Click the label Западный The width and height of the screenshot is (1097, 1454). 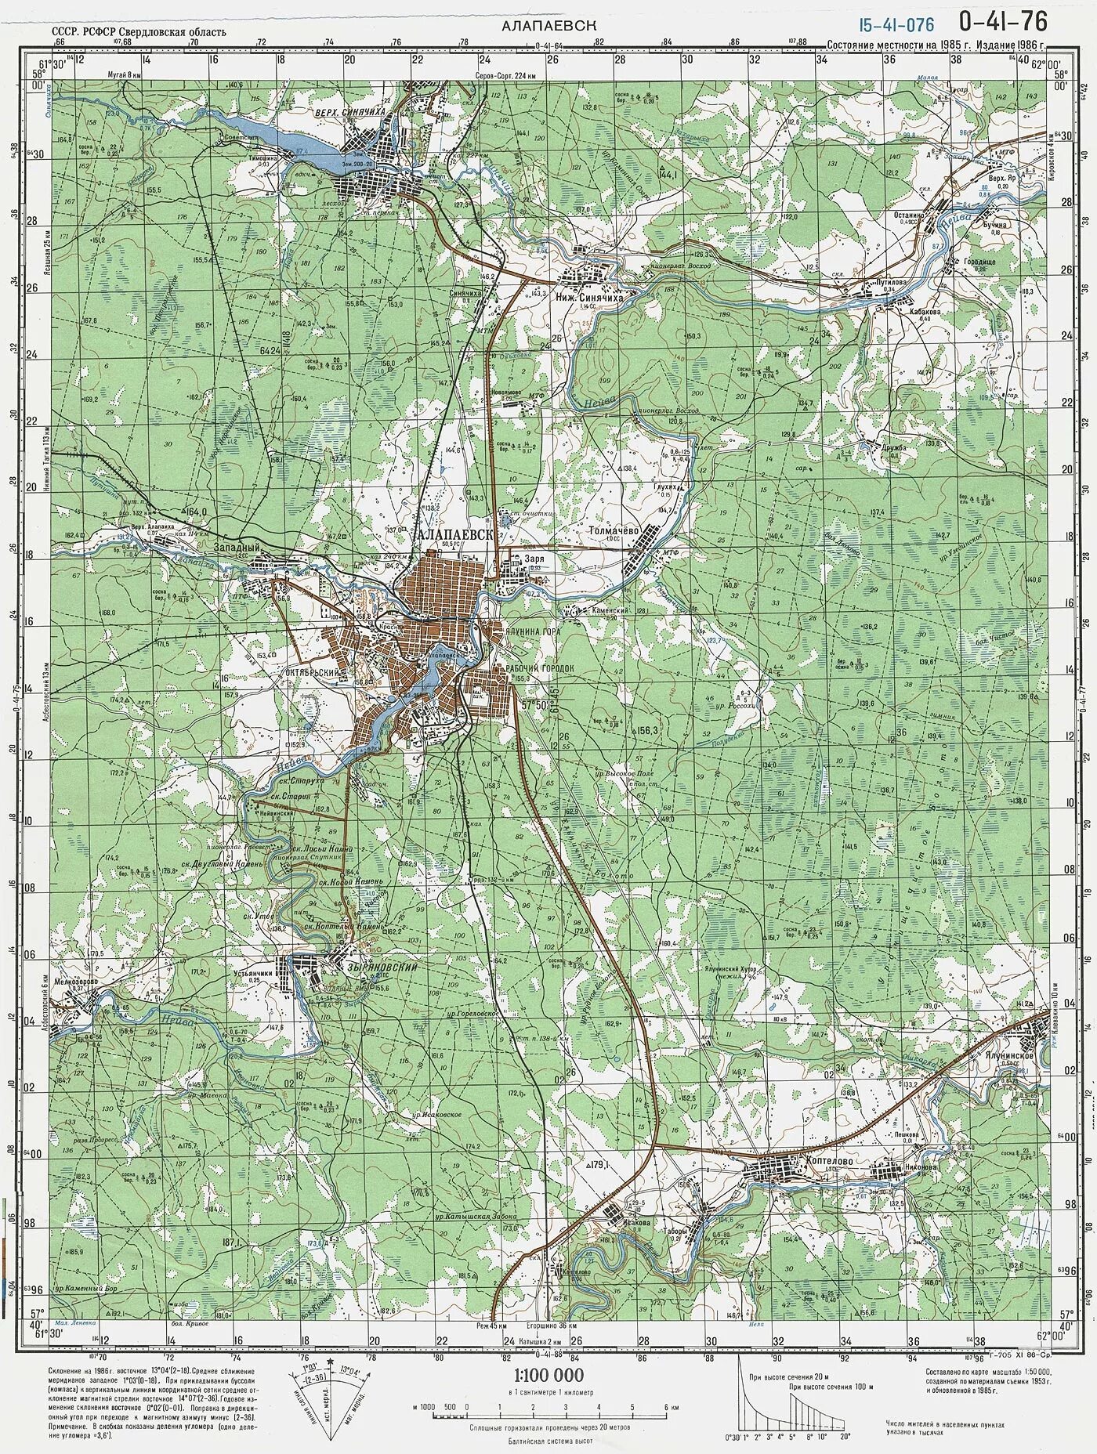click(x=237, y=549)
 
